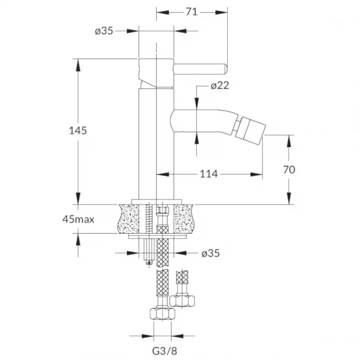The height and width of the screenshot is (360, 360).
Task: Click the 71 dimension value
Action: tap(192, 12)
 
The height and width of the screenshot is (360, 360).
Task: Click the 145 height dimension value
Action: tap(78, 131)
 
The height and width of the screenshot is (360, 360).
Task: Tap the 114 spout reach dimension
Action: tap(209, 174)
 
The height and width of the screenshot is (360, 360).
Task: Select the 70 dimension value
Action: tap(289, 170)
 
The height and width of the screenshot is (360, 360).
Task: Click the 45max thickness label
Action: tap(78, 219)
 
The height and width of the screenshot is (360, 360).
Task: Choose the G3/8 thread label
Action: tap(165, 351)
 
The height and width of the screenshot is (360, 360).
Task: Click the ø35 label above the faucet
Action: tap(104, 31)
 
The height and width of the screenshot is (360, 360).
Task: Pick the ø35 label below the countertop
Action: tap(211, 253)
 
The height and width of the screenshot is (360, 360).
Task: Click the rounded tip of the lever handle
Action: tap(225, 69)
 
